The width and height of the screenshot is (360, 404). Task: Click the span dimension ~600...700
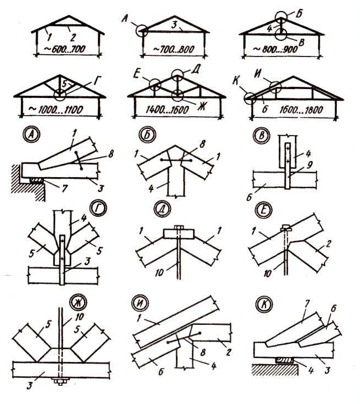click(65, 49)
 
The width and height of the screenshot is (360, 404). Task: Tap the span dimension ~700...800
click(174, 49)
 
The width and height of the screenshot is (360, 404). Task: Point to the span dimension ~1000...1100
click(56, 110)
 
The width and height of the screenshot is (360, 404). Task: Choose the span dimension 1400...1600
click(168, 110)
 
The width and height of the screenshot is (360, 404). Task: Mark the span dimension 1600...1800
click(301, 110)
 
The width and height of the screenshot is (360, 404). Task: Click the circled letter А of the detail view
click(32, 135)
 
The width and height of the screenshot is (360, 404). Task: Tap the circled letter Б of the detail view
click(147, 135)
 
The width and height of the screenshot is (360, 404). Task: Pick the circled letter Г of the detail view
click(99, 209)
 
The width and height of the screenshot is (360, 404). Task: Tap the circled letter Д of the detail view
click(161, 209)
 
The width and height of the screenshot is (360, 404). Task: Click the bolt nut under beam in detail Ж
click(60, 381)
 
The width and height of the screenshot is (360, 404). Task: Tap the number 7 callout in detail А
click(64, 188)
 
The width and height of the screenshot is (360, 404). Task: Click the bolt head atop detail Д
click(179, 227)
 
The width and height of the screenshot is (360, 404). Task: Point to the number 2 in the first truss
click(73, 38)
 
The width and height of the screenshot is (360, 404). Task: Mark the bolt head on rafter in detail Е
click(286, 227)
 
